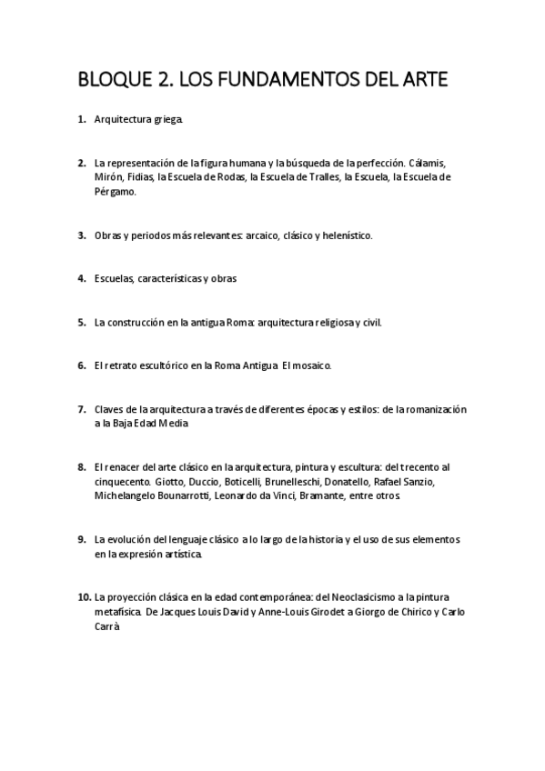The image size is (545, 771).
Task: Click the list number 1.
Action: pyautogui.click(x=82, y=119)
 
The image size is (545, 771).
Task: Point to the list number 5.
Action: pyautogui.click(x=82, y=322)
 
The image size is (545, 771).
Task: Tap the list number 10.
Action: pyautogui.click(x=84, y=596)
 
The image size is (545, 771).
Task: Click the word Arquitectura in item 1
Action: pyautogui.click(x=123, y=119)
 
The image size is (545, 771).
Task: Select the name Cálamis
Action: pyautogui.click(x=428, y=163)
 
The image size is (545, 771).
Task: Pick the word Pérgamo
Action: pyautogui.click(x=114, y=192)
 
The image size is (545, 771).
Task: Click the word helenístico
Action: pyautogui.click(x=344, y=235)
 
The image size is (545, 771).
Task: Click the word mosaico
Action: pyautogui.click(x=308, y=365)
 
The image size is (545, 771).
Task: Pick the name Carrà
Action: pyautogui.click(x=106, y=626)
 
